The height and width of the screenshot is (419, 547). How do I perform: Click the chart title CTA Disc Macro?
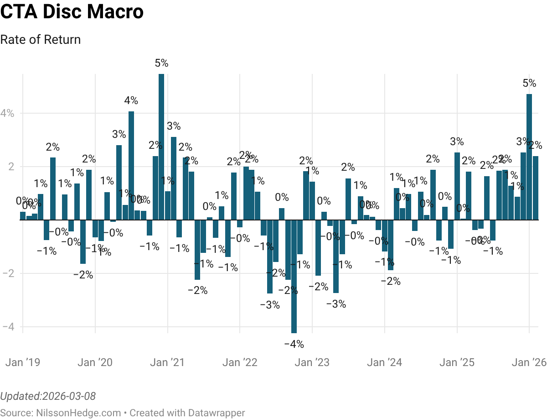tap(72, 12)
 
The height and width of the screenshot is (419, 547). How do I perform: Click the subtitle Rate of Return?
tap(41, 40)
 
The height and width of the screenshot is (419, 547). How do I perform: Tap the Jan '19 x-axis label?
tap(22, 363)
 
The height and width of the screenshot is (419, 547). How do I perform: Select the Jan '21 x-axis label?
tap(168, 363)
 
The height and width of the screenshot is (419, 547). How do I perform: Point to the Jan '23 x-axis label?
tap(312, 363)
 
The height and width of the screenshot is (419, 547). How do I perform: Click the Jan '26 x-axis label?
tap(529, 363)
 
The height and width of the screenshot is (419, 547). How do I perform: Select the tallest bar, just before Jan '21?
tap(161, 146)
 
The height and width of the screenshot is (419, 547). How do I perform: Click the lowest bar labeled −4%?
tap(294, 276)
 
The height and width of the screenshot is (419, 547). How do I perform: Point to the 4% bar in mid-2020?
tap(131, 165)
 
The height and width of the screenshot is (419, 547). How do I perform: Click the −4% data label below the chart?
tap(294, 344)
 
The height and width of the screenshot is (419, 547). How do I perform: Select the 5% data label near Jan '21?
tap(161, 63)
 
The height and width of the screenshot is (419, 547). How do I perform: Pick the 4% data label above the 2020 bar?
tap(131, 101)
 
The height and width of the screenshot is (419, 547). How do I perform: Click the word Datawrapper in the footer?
tap(218, 413)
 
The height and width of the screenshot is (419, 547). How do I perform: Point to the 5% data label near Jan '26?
tap(529, 84)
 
